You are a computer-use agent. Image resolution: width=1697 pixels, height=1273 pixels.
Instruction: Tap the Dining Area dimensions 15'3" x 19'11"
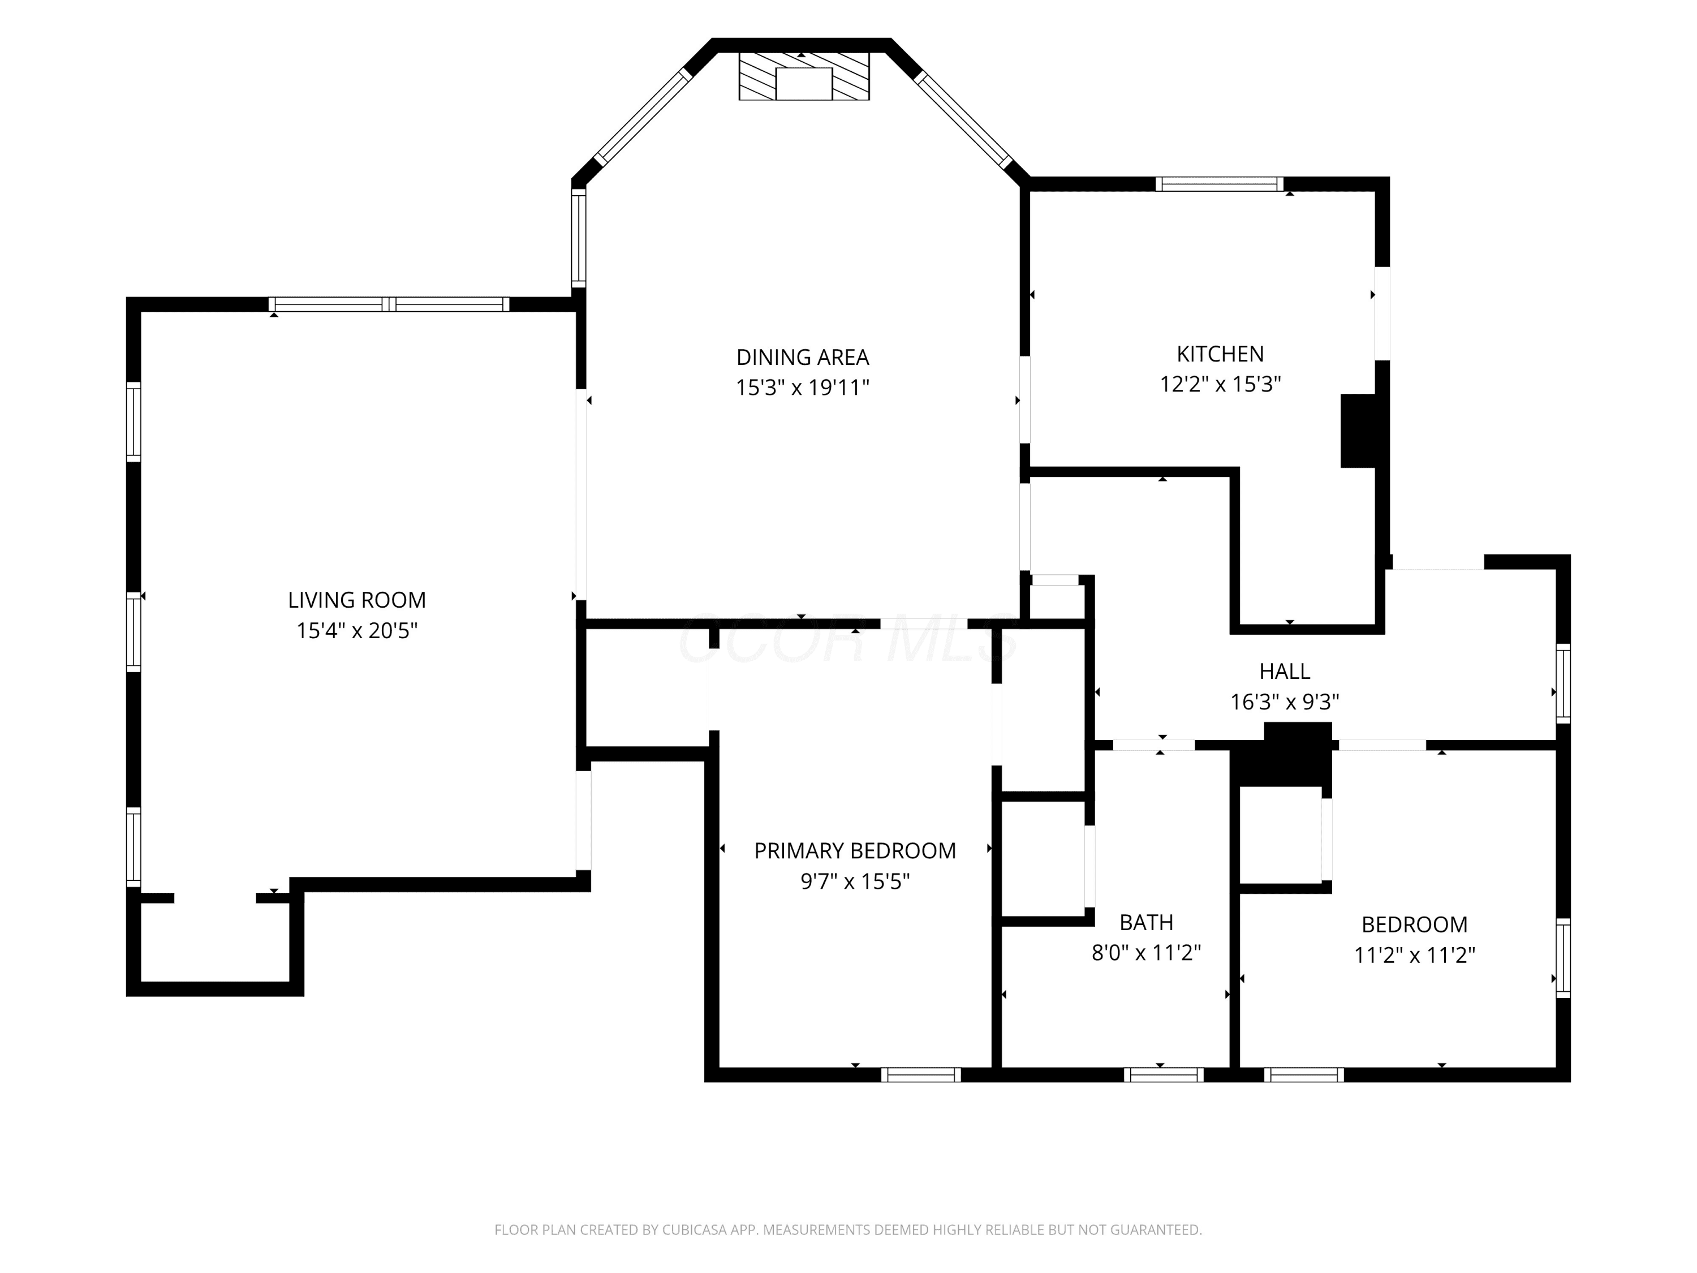click(x=803, y=388)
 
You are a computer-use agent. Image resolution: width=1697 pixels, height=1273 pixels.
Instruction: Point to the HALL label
click(x=1284, y=672)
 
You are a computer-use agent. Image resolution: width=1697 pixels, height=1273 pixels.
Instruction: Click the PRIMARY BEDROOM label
click(x=855, y=850)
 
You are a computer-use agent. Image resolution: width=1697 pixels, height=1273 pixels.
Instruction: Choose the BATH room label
click(x=1146, y=922)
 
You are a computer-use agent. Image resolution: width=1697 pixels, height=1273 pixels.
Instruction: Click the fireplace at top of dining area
click(x=804, y=76)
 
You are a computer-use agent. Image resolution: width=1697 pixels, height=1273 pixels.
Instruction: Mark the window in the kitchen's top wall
click(x=1220, y=184)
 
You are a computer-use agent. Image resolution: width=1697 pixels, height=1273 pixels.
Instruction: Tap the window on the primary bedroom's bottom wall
click(x=920, y=1074)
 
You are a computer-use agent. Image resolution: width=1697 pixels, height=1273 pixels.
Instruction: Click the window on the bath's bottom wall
click(x=1164, y=1074)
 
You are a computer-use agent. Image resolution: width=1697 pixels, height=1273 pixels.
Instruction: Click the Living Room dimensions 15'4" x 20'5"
click(x=357, y=631)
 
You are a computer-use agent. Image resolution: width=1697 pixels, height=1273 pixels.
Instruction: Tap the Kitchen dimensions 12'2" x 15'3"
click(x=1220, y=384)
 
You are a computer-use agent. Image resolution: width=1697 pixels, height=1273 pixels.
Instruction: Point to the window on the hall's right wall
click(x=1563, y=683)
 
